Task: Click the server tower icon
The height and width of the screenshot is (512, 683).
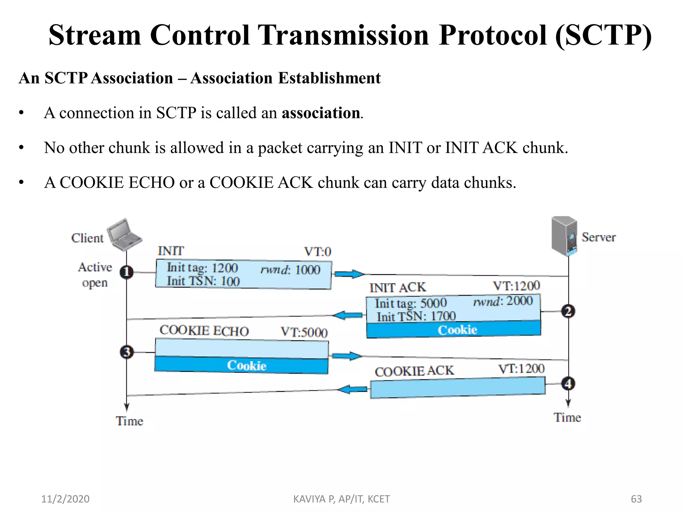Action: [564, 236]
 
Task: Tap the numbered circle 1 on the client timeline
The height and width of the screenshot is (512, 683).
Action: [127, 272]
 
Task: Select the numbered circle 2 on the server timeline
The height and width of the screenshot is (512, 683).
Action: [568, 311]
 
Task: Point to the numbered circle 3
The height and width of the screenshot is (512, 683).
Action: [127, 352]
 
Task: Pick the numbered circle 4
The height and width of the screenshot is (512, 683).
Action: [568, 384]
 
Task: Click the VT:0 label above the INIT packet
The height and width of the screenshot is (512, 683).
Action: [317, 252]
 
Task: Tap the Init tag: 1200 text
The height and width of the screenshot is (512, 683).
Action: [202, 268]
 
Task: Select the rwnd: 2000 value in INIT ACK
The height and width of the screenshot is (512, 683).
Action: [503, 301]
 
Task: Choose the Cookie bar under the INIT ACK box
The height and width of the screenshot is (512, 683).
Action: [454, 329]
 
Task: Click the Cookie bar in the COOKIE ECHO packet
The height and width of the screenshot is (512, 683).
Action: [241, 365]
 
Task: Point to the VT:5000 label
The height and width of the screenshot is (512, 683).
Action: [304, 332]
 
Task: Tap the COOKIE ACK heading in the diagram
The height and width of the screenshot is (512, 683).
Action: [414, 371]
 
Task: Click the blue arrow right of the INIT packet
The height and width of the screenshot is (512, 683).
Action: [349, 274]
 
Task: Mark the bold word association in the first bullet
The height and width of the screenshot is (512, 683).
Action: [321, 113]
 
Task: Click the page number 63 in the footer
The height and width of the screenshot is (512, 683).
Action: [636, 499]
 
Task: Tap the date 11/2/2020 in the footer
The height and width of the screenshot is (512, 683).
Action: [65, 499]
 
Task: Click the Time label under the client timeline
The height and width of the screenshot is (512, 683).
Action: [129, 421]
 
